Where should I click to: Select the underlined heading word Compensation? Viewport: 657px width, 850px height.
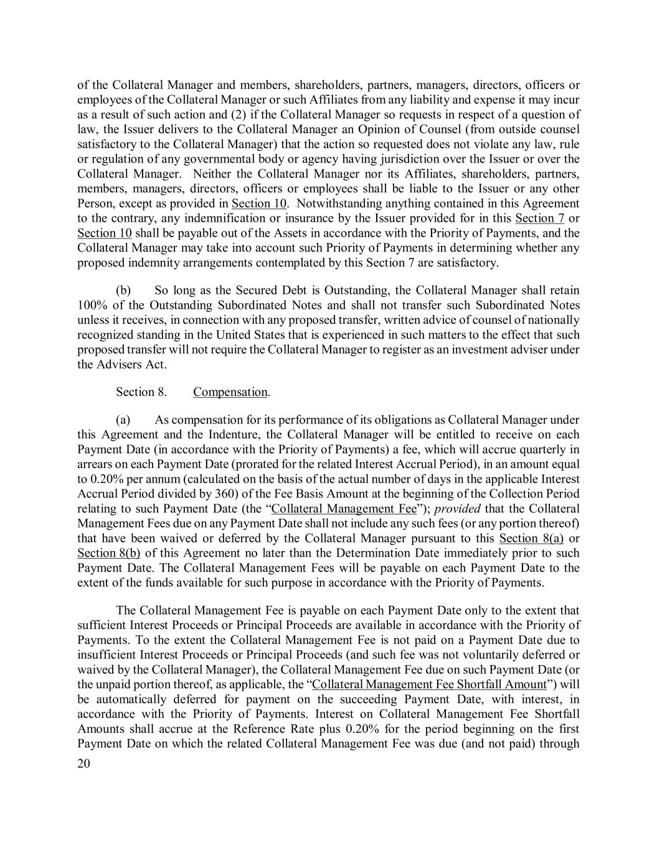click(x=230, y=392)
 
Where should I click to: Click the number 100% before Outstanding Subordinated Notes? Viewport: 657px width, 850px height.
click(x=90, y=305)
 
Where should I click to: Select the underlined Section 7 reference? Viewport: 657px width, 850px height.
click(x=540, y=218)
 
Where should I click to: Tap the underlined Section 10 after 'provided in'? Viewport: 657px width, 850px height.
click(x=259, y=203)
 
